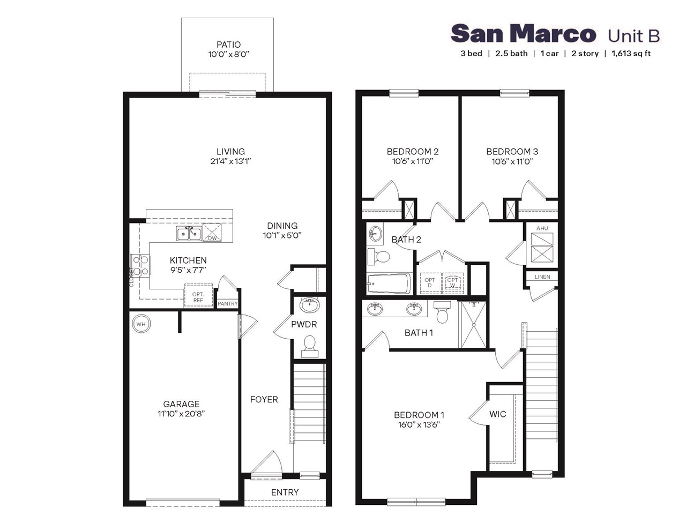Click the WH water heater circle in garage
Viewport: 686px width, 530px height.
pyautogui.click(x=140, y=324)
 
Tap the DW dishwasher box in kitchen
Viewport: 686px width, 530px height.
pyautogui.click(x=212, y=234)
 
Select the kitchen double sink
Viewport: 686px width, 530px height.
pyautogui.click(x=189, y=234)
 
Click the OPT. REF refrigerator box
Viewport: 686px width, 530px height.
pyautogui.click(x=198, y=295)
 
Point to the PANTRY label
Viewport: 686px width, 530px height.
pyautogui.click(x=228, y=304)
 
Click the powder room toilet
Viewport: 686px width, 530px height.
pyautogui.click(x=309, y=346)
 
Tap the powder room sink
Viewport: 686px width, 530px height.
pyautogui.click(x=309, y=305)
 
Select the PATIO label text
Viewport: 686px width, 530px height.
pyautogui.click(x=229, y=44)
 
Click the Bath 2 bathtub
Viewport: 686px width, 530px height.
pyautogui.click(x=389, y=283)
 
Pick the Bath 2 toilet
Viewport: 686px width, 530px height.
pyautogui.click(x=379, y=256)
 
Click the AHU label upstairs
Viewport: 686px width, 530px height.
pyautogui.click(x=542, y=228)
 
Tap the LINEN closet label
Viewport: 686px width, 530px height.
pyautogui.click(x=542, y=277)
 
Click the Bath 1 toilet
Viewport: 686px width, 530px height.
pyautogui.click(x=443, y=312)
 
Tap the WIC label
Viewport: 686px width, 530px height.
pyautogui.click(x=497, y=414)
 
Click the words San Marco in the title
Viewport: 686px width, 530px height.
pyautogui.click(x=523, y=34)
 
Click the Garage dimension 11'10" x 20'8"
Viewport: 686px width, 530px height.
pyautogui.click(x=182, y=414)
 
